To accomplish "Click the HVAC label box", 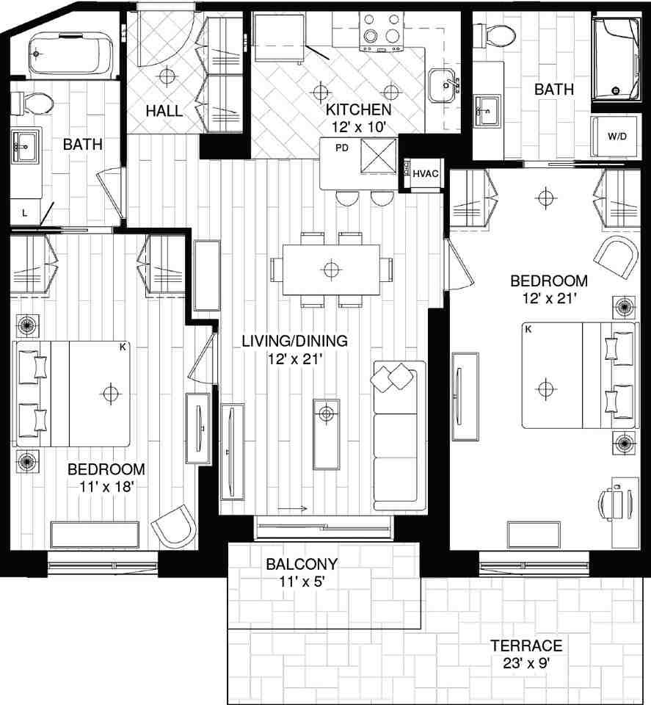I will pos(425,174).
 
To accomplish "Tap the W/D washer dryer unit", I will pos(616,137).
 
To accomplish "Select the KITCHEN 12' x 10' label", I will pos(359,117).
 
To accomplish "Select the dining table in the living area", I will pos(331,269).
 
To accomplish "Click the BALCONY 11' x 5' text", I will pos(302,573).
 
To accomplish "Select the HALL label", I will pos(164,112).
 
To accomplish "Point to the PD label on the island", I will pos(341,148).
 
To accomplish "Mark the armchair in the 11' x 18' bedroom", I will pos(175,524).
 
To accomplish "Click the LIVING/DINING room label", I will pos(295,350).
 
